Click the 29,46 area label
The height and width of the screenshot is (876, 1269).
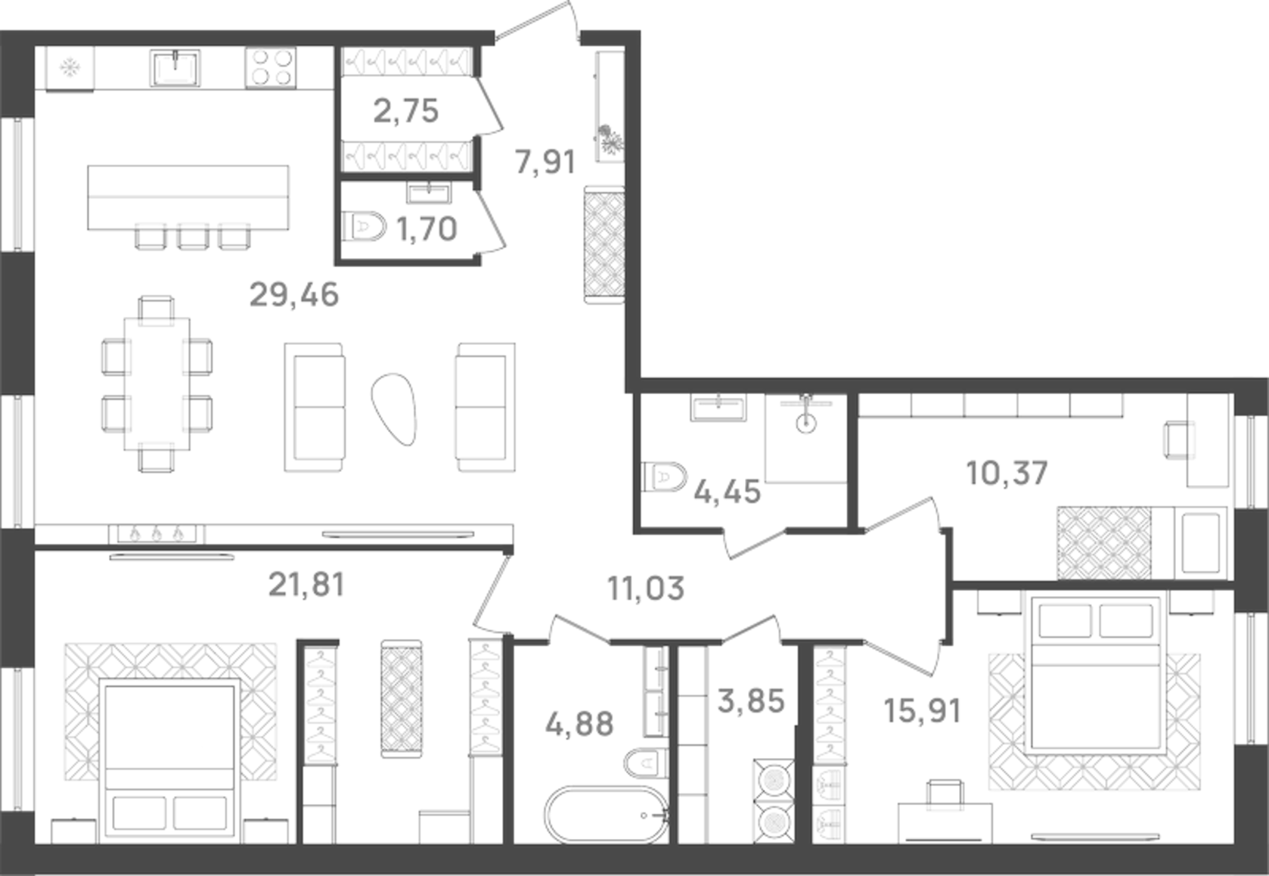(x=293, y=295)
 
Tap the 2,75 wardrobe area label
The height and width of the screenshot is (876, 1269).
(x=406, y=111)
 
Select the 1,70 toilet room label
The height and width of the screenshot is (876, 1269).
(x=427, y=228)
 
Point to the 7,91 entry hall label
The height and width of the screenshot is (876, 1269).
(x=545, y=162)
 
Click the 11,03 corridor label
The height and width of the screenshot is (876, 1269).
(x=646, y=588)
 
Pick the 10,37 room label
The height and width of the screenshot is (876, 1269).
(x=1007, y=474)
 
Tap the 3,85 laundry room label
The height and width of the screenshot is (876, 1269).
(x=751, y=700)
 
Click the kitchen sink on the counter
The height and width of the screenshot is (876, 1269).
(x=176, y=68)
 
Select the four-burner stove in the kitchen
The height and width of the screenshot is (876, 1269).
(x=270, y=68)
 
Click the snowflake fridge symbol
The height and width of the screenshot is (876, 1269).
(x=70, y=69)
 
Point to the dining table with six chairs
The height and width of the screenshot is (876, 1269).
(x=157, y=383)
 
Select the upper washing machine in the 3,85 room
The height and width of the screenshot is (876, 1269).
(x=772, y=778)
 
